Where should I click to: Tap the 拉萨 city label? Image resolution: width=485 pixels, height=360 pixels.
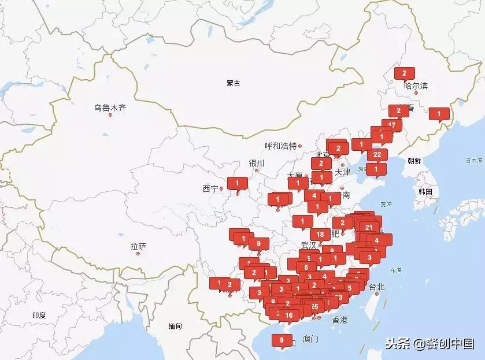[138, 246]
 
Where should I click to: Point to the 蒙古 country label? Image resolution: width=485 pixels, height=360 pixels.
[234, 83]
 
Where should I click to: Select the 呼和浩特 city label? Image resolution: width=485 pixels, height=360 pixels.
[280, 146]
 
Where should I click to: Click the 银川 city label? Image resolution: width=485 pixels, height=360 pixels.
[256, 163]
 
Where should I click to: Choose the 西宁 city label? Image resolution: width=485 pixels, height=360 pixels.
[210, 188]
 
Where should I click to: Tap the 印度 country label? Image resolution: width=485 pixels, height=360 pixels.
[39, 315]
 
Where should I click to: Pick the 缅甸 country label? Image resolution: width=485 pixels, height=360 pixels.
[175, 326]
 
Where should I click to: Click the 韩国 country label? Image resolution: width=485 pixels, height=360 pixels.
[425, 191]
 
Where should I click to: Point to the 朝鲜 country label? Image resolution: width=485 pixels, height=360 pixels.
[414, 161]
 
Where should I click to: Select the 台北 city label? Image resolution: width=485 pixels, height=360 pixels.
[376, 287]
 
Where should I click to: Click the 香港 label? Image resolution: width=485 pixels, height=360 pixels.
[340, 320]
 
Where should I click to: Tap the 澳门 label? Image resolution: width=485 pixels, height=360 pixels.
[310, 339]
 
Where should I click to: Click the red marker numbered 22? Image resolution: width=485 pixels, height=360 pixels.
[377, 154]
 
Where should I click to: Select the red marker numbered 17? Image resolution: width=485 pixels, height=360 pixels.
[392, 125]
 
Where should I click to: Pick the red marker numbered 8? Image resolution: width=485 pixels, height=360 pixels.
[282, 340]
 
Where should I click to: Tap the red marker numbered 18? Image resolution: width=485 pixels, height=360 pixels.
[320, 234]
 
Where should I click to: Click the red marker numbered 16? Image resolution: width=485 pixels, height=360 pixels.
[289, 315]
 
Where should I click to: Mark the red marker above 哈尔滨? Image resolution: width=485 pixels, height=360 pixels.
[405, 73]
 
